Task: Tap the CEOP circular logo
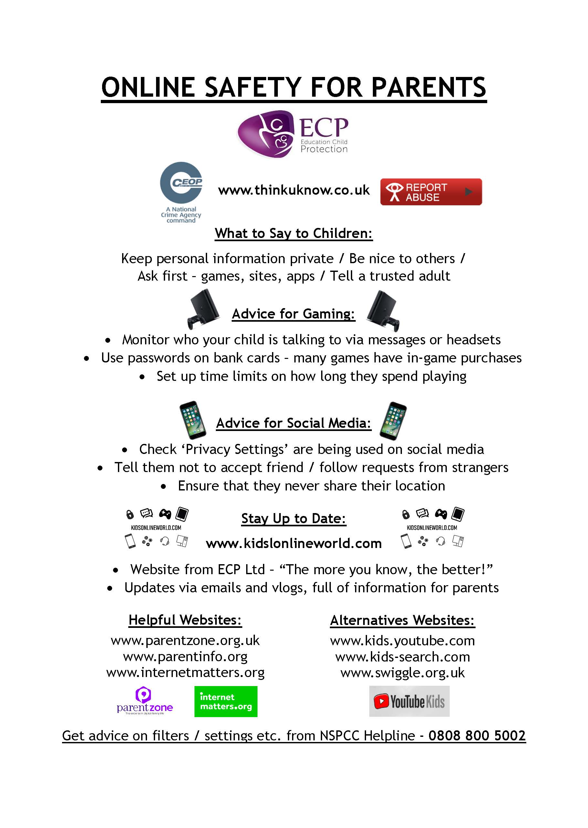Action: [x=181, y=183]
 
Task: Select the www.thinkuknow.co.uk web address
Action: [x=294, y=190]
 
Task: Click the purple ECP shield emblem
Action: [x=265, y=134]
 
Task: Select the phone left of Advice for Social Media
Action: [x=193, y=420]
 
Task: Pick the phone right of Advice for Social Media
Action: [x=393, y=421]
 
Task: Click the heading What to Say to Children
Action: [x=294, y=233]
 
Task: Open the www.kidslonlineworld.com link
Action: [x=294, y=543]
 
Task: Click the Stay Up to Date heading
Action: [x=294, y=519]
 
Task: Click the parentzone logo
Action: [x=144, y=700]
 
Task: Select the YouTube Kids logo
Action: [x=409, y=701]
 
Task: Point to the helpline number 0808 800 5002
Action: [x=477, y=736]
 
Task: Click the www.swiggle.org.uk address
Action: [x=402, y=673]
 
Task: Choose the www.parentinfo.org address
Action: [x=185, y=657]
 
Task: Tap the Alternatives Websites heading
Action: [x=402, y=620]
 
